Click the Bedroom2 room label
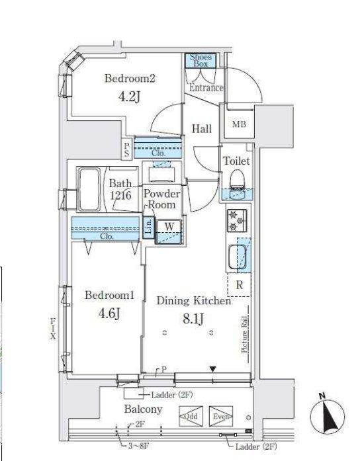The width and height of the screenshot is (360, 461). click(x=130, y=79)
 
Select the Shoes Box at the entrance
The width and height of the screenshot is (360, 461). click(x=201, y=61)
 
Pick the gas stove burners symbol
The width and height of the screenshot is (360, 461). click(x=236, y=220)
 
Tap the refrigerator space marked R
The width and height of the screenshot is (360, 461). click(x=238, y=286)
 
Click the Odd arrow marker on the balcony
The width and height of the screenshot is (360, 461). click(x=189, y=417)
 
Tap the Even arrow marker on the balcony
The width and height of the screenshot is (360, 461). click(x=221, y=417)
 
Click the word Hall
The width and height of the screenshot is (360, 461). click(x=202, y=128)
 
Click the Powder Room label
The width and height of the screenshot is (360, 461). click(x=161, y=199)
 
